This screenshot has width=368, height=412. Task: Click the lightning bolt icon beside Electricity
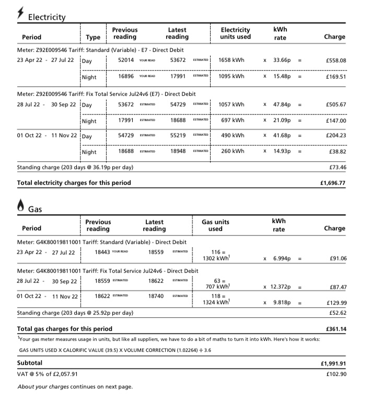coord(20,13)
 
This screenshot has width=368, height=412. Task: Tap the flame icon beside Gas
coord(20,206)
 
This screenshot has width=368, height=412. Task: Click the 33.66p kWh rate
coord(282,60)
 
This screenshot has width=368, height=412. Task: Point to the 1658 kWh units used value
coord(232,60)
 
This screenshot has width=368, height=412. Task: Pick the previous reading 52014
coord(126,60)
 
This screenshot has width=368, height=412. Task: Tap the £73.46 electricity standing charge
coord(337,168)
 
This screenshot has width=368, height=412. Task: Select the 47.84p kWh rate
coord(282,105)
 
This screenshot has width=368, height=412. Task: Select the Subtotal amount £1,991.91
coord(332,363)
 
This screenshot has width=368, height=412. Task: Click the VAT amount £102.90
coord(335,374)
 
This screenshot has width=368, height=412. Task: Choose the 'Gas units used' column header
coord(215,225)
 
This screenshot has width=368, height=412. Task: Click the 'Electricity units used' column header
coord(235,34)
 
